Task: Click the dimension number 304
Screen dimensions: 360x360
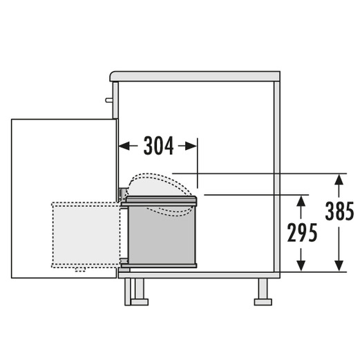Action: point(158,146)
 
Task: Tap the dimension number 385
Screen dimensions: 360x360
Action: point(339,211)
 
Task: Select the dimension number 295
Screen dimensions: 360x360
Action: point(302,233)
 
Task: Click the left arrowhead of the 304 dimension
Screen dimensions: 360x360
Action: point(124,146)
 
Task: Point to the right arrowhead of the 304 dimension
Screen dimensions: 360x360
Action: point(191,146)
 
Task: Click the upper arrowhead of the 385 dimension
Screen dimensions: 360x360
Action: point(339,180)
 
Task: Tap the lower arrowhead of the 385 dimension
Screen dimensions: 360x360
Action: point(339,266)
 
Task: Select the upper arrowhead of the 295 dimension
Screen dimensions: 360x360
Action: point(301,201)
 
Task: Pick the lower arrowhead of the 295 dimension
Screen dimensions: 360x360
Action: point(301,266)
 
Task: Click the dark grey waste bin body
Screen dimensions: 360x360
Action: point(162,235)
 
